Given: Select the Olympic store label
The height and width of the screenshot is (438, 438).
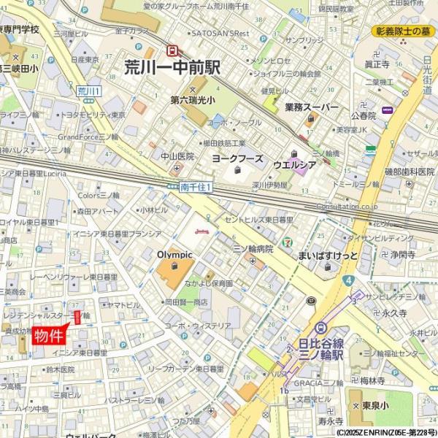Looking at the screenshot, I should click(174, 255).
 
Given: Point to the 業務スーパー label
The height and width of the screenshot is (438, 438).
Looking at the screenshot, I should click(312, 107).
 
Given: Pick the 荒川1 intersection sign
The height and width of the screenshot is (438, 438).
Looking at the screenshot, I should click(89, 91).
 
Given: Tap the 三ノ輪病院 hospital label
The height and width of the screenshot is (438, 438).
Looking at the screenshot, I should click(253, 249).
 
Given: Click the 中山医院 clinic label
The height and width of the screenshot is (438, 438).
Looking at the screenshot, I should click(177, 156).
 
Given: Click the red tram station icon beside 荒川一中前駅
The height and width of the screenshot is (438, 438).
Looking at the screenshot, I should click(173, 50).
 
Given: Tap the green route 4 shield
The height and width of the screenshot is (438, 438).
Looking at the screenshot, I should click(350, 280).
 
